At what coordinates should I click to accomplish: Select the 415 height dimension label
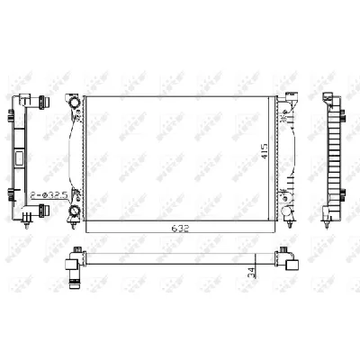pyautogui.click(x=264, y=151)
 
